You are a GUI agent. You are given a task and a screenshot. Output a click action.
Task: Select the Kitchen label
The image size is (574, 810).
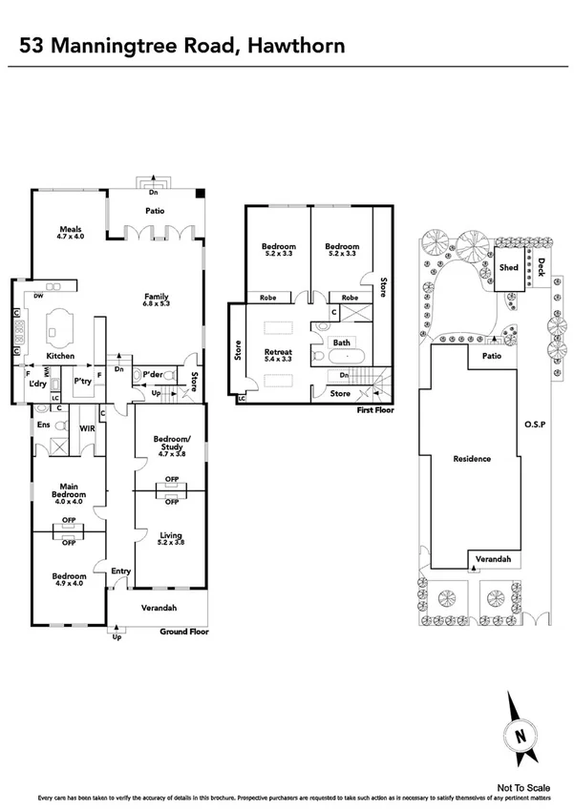(x=61, y=356)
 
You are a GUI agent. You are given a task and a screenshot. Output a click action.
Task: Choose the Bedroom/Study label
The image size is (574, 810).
(x=169, y=442)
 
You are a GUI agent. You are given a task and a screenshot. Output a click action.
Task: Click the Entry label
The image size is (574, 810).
(x=120, y=571)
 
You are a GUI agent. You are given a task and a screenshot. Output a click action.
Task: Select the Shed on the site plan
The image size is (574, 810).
(x=509, y=268)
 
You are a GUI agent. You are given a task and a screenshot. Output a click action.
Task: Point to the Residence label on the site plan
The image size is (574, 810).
(x=473, y=459)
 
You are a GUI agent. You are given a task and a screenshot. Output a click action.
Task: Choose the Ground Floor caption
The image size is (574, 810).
(x=184, y=632)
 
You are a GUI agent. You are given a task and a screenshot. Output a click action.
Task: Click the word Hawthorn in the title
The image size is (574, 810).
(x=296, y=44)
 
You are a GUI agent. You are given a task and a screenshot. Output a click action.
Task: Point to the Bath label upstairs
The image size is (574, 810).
(x=342, y=343)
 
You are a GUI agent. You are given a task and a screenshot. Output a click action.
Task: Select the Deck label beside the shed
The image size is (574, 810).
(x=541, y=267)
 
